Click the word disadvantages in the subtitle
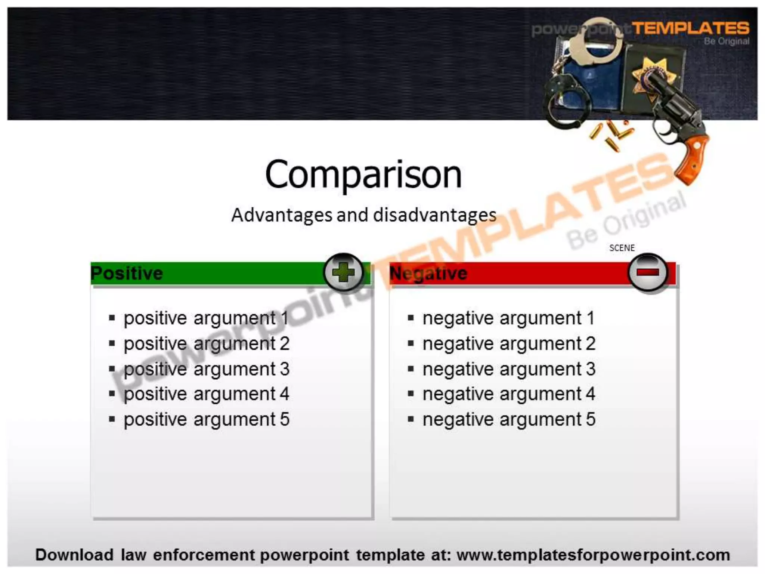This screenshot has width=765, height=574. click(x=435, y=215)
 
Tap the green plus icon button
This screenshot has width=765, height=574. click(x=343, y=272)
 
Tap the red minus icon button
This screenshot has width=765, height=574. click(x=648, y=272)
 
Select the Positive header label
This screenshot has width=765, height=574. click(x=127, y=273)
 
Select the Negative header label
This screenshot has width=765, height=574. click(x=428, y=273)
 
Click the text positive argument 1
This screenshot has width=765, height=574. click(x=206, y=318)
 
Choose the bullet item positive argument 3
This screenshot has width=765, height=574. click(x=206, y=369)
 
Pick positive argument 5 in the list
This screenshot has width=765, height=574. click(x=206, y=419)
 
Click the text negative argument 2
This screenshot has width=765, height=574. click(x=509, y=343)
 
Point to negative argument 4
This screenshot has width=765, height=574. click(x=509, y=394)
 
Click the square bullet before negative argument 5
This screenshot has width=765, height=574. click(x=411, y=419)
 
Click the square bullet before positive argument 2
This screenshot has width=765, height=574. click(x=112, y=343)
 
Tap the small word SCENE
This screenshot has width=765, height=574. click(x=622, y=248)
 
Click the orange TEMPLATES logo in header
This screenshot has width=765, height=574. click(x=690, y=28)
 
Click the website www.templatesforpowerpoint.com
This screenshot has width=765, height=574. click(x=593, y=555)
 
